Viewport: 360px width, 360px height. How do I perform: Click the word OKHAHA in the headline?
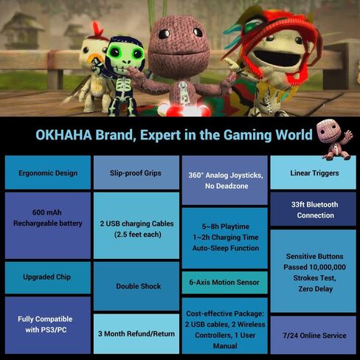click(x=64, y=135)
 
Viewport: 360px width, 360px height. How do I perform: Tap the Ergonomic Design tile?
click(x=48, y=173)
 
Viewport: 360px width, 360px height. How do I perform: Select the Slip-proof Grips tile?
click(x=136, y=173)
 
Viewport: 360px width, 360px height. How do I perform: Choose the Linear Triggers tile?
click(x=313, y=173)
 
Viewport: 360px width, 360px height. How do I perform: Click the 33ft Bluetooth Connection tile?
click(x=313, y=209)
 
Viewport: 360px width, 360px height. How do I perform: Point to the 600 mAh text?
click(x=46, y=212)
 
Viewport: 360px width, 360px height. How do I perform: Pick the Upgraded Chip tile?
click(x=48, y=277)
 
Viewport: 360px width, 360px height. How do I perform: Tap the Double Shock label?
click(x=139, y=286)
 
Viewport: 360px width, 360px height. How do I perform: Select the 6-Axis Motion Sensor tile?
click(x=224, y=283)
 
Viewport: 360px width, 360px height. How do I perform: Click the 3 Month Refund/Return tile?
click(x=136, y=333)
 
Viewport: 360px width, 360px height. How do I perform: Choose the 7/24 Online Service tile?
click(x=313, y=335)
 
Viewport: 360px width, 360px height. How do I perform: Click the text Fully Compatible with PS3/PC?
click(x=46, y=325)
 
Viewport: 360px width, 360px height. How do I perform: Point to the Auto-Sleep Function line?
click(x=226, y=248)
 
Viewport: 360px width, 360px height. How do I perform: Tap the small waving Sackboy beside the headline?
click(x=334, y=139)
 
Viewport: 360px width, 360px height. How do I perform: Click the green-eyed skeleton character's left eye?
click(x=114, y=52)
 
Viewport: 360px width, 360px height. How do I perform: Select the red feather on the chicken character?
click(x=97, y=28)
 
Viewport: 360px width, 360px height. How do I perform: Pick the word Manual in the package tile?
click(x=225, y=346)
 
